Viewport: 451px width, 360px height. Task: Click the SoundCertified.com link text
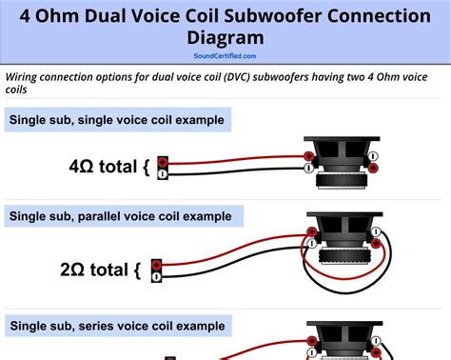click(x=225, y=56)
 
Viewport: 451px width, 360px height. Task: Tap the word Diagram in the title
click(x=225, y=38)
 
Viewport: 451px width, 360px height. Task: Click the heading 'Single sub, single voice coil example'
click(x=117, y=120)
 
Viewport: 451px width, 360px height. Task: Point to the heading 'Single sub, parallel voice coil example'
click(x=121, y=216)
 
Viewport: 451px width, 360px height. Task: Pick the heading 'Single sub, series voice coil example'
click(x=117, y=326)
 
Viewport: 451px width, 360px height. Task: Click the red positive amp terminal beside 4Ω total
click(x=163, y=162)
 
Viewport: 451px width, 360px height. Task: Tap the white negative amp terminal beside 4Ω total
click(x=163, y=174)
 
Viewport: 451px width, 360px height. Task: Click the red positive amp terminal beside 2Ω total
click(x=156, y=265)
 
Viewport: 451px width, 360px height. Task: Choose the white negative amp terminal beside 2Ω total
click(x=156, y=277)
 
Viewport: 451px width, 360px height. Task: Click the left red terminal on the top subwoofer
click(x=308, y=156)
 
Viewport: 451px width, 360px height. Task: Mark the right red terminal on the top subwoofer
click(x=373, y=168)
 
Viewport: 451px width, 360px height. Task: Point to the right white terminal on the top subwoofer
click(x=373, y=156)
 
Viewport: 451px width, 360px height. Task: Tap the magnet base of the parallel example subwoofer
click(x=344, y=256)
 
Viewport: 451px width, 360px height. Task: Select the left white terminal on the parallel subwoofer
click(x=312, y=244)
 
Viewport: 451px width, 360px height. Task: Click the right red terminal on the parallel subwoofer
click(x=376, y=244)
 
